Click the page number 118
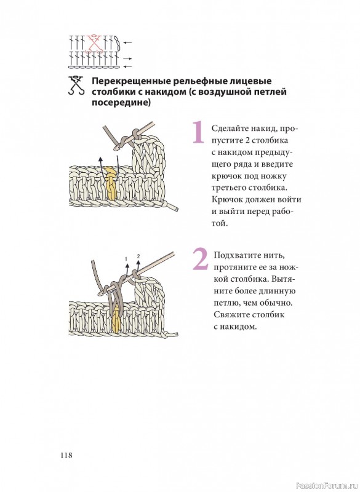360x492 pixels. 66,455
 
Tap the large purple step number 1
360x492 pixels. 198,132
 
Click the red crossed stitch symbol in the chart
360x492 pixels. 94,44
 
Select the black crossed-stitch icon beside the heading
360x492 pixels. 76,85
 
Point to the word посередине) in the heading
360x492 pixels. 121,102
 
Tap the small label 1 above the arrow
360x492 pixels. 126,259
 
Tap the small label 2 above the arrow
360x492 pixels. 138,256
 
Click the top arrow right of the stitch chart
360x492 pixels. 127,43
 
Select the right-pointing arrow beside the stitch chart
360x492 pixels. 127,58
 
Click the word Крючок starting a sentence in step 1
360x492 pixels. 226,199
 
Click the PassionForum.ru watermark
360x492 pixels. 327,485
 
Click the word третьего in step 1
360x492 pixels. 228,188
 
